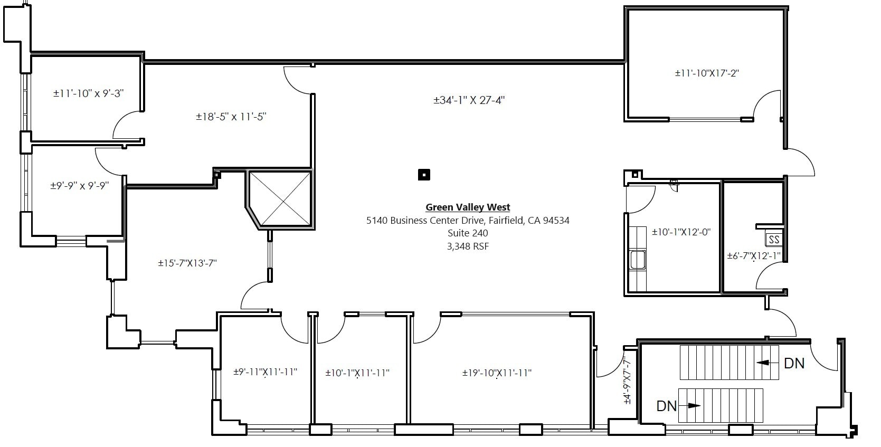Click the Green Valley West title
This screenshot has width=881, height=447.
click(468, 207)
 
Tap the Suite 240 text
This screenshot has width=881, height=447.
click(468, 233)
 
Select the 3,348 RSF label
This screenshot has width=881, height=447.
click(468, 246)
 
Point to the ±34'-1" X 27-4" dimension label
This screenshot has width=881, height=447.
click(469, 100)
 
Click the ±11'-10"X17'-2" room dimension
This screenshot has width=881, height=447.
click(707, 73)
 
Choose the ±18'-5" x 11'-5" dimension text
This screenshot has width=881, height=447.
click(231, 117)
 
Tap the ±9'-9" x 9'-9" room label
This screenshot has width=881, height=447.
click(80, 186)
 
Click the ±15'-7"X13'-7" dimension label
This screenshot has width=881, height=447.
click(187, 263)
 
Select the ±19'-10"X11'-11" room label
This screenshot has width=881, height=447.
click(497, 373)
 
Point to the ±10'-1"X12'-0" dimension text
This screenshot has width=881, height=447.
click(681, 232)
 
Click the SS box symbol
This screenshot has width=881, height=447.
click(774, 240)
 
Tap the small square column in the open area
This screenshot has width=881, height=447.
click(424, 175)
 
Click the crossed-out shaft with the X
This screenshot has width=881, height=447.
click(280, 199)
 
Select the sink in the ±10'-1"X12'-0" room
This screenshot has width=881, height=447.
click(637, 260)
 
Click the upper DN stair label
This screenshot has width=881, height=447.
click(794, 363)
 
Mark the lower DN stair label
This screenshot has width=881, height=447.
click(667, 406)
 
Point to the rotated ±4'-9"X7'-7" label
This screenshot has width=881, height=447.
click(627, 380)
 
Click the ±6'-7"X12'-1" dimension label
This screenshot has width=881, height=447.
click(754, 256)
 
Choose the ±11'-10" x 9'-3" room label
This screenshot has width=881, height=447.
click(89, 93)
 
